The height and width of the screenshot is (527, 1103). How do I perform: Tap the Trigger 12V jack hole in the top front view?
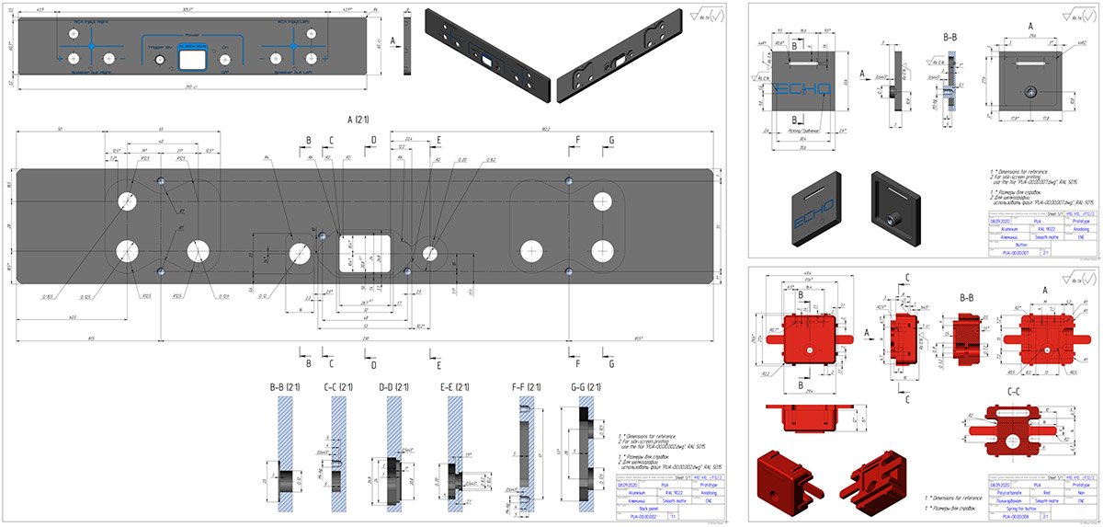[x=162, y=60]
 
